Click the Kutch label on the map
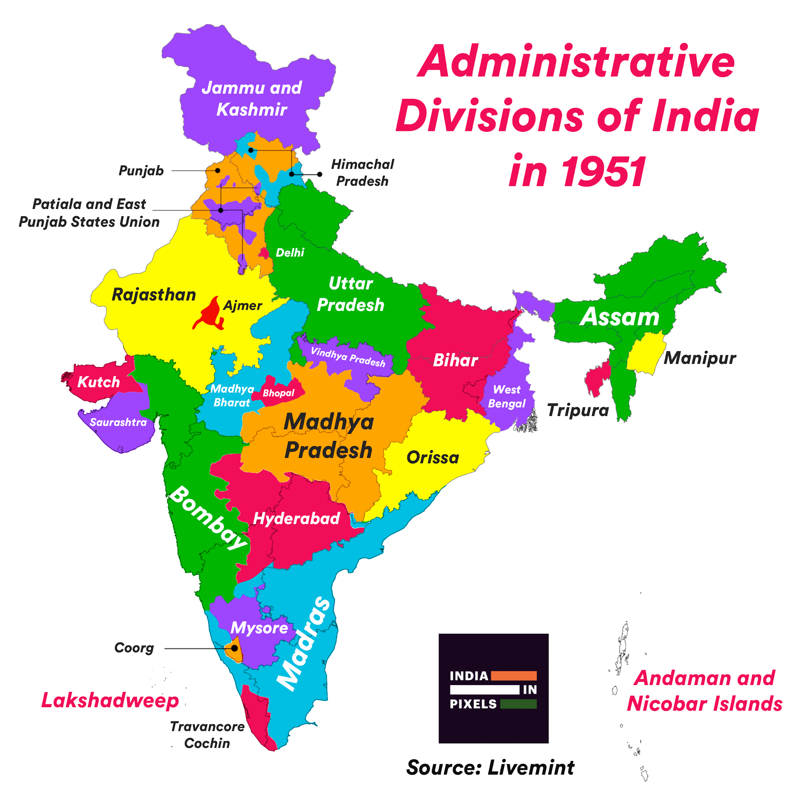[98, 382]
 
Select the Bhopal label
[279, 393]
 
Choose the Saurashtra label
[118, 423]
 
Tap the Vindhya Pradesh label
[348, 357]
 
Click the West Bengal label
[507, 397]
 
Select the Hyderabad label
[297, 519]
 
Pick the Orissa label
[433, 457]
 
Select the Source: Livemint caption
[490, 768]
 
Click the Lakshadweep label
[110, 700]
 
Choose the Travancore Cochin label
[207, 735]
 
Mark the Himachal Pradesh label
[362, 173]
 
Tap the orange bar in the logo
[514, 676]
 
